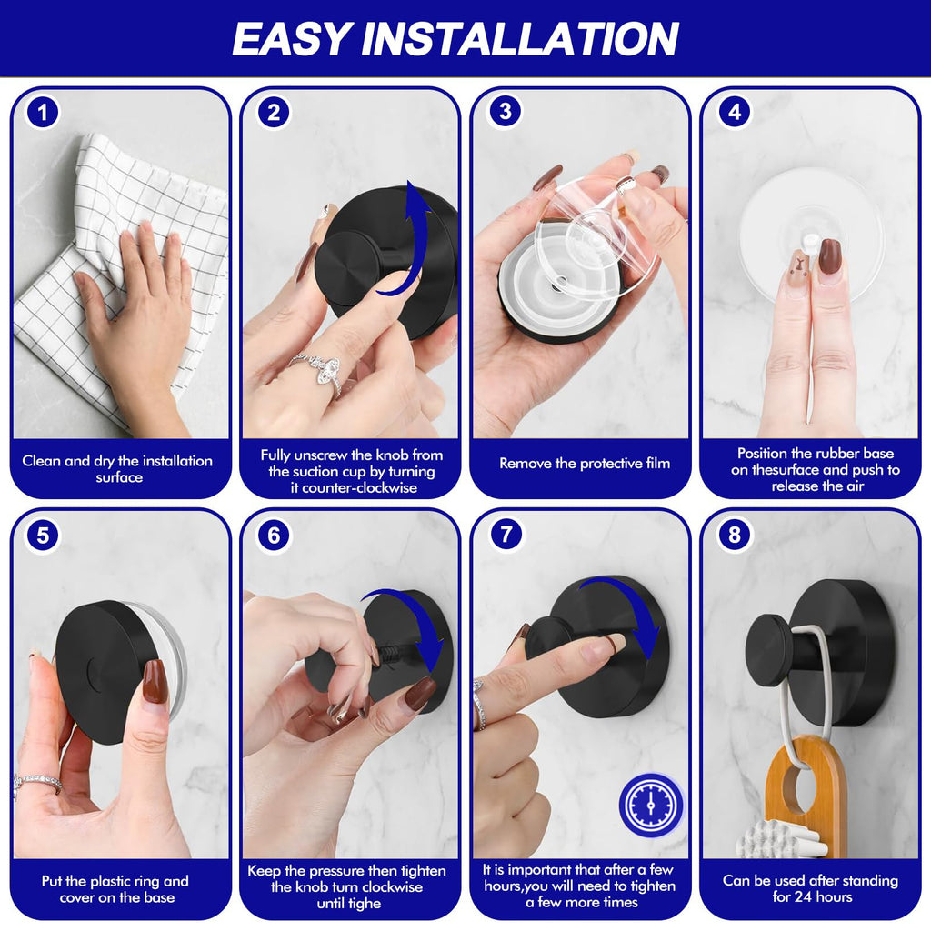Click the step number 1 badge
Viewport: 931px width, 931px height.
[43, 113]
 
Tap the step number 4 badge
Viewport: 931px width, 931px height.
[734, 113]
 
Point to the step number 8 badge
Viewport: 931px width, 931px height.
[734, 535]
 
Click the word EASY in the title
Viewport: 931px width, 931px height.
[290, 39]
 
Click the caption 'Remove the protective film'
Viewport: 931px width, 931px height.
[584, 464]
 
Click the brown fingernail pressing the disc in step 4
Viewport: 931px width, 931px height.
[828, 256]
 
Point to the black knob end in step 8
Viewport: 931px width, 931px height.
[766, 650]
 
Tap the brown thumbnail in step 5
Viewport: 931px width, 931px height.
[155, 682]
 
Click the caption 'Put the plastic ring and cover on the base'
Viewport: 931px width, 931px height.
[115, 889]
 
